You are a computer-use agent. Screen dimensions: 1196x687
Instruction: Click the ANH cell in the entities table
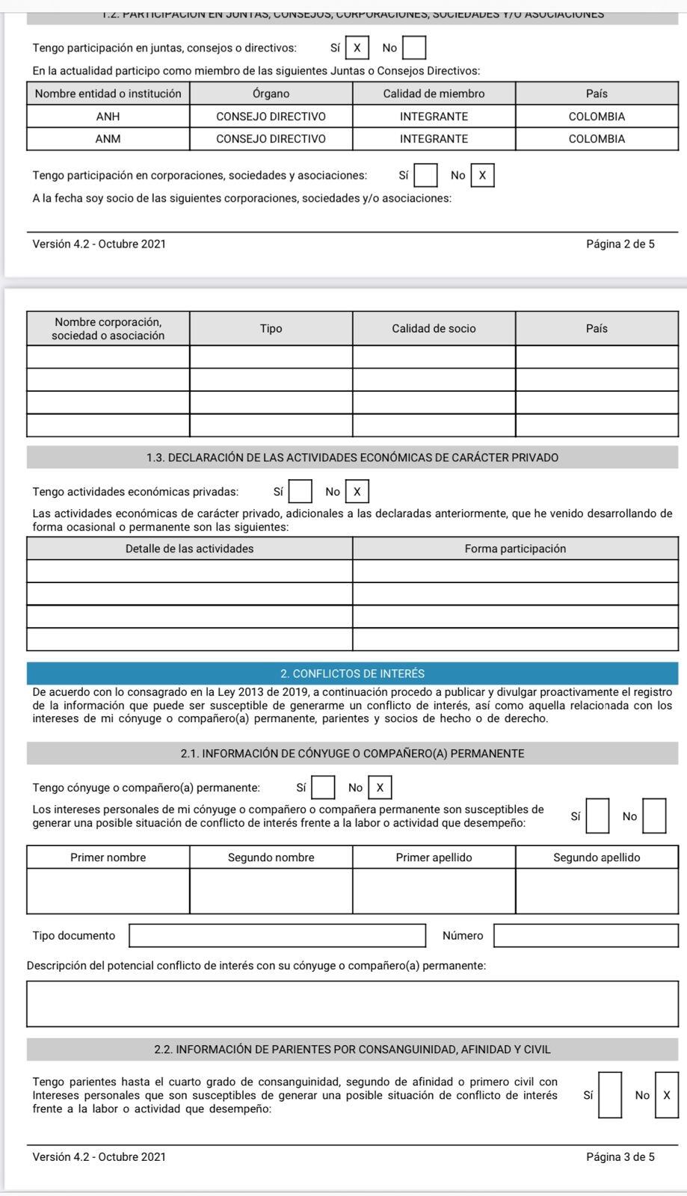pyautogui.click(x=108, y=117)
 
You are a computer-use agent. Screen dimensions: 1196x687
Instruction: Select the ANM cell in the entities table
pyautogui.click(x=108, y=139)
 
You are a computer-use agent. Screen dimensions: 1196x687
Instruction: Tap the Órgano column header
pyautogui.click(x=271, y=93)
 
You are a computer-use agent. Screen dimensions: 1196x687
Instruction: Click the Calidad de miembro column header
pyautogui.click(x=434, y=93)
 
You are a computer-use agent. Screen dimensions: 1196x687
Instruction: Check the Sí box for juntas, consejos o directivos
pyautogui.click(x=357, y=49)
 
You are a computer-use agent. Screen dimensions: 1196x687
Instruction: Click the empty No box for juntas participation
pyautogui.click(x=415, y=49)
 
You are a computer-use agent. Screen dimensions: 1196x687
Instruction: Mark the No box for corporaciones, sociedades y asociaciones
pyautogui.click(x=482, y=176)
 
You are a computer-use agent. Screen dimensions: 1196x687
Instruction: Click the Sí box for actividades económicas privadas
pyautogui.click(x=301, y=492)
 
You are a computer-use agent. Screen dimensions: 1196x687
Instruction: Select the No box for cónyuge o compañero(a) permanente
pyautogui.click(x=380, y=787)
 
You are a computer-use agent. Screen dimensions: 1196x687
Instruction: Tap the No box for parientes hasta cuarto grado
pyautogui.click(x=667, y=1095)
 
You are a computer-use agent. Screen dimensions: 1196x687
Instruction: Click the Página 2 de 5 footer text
pyautogui.click(x=620, y=244)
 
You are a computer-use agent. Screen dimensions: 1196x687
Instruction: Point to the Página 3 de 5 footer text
pyautogui.click(x=620, y=1157)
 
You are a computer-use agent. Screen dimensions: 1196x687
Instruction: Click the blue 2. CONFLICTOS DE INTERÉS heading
pyautogui.click(x=352, y=673)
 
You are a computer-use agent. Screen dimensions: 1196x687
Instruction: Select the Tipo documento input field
pyautogui.click(x=277, y=936)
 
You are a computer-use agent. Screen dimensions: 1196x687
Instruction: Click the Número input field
pyautogui.click(x=586, y=936)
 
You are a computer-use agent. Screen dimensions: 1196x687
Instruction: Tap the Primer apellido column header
pyautogui.click(x=434, y=857)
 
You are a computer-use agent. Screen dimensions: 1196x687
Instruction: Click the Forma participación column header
pyautogui.click(x=515, y=549)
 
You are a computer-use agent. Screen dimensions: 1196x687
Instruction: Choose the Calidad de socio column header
pyautogui.click(x=434, y=328)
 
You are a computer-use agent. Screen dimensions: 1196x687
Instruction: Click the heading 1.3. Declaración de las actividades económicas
pyautogui.click(x=352, y=457)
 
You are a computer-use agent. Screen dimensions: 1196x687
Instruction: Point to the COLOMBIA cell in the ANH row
pyautogui.click(x=597, y=117)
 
